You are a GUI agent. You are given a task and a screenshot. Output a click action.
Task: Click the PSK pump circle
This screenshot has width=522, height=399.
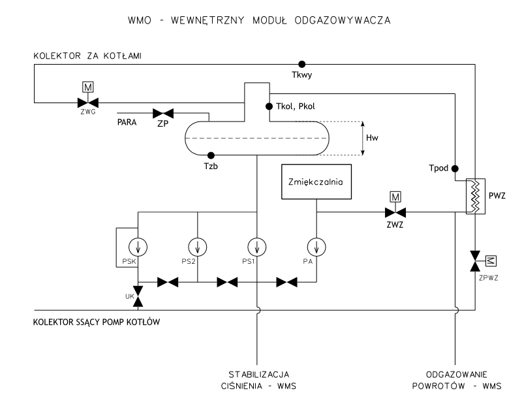(138, 246)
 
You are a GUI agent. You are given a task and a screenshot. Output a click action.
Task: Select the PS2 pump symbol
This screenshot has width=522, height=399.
(197, 246)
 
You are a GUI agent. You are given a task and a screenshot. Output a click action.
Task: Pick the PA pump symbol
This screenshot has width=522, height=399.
(316, 246)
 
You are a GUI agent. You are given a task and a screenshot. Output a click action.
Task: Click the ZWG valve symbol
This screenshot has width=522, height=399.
(88, 103)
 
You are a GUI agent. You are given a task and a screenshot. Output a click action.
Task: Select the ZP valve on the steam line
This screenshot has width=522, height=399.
(162, 112)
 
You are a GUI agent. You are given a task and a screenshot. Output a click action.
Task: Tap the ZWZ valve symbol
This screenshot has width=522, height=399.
(394, 212)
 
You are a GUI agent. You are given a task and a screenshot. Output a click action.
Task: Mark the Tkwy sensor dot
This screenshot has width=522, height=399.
(301, 64)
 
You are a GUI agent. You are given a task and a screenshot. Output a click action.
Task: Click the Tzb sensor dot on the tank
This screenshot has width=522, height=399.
(211, 155)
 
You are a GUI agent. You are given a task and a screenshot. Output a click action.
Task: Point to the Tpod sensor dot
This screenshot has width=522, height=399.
(455, 167)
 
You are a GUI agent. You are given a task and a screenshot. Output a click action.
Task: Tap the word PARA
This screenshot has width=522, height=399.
(128, 121)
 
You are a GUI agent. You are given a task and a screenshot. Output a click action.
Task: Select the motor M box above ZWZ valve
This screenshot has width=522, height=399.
(394, 196)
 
